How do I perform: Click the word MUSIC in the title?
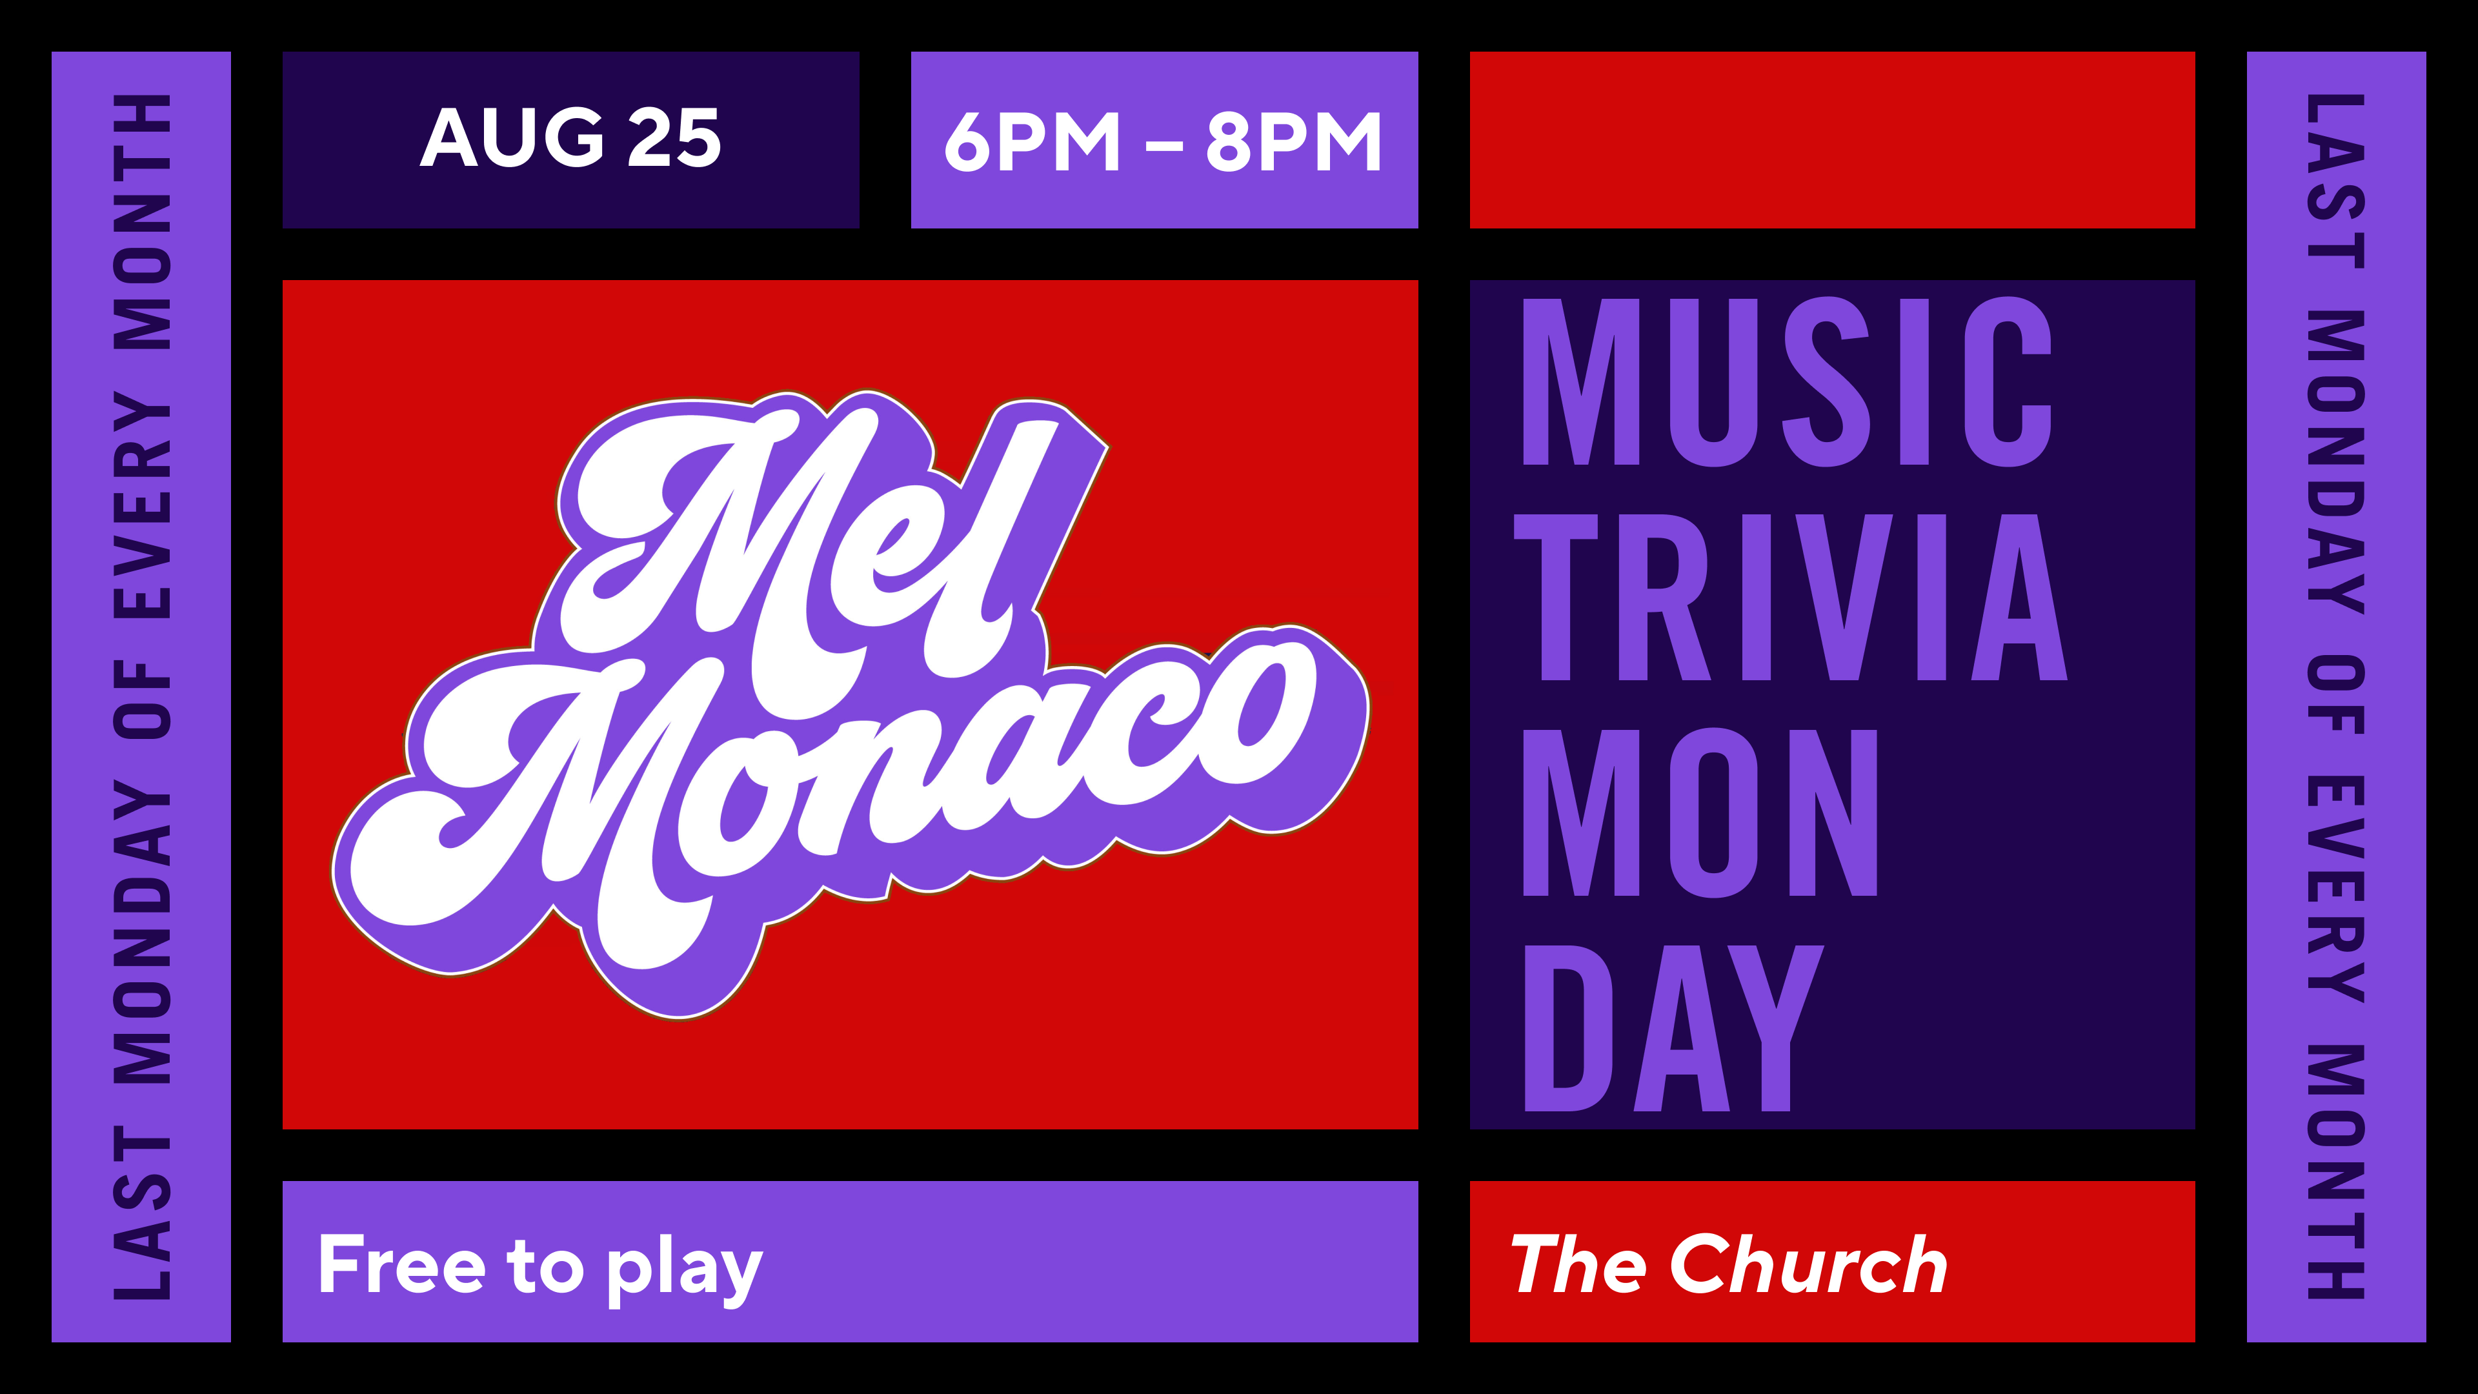pos(1788,382)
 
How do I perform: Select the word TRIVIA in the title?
pos(1789,598)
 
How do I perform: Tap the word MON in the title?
pos(1700,813)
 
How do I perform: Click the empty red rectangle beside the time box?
pos(1833,139)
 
